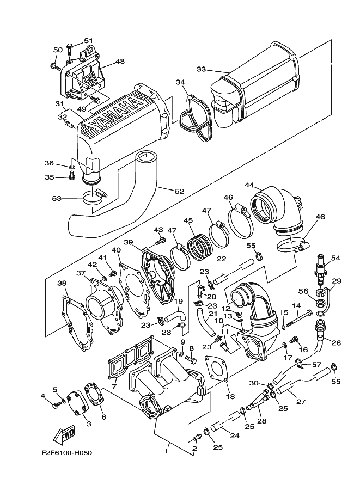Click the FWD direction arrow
pos(64,435)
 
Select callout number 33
pos(201,69)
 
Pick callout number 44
pos(249,186)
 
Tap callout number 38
pos(62,283)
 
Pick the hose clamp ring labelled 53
pos(92,199)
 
